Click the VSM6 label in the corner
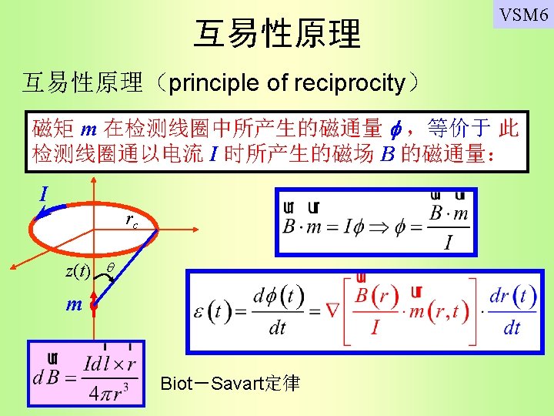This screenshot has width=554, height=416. (523, 15)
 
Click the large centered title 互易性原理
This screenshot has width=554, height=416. (277, 34)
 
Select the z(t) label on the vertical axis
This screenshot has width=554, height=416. (77, 270)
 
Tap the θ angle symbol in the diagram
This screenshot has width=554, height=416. (110, 266)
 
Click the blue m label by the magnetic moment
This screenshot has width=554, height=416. (73, 304)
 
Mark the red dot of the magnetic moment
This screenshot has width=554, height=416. (93, 307)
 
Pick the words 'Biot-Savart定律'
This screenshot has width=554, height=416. (230, 383)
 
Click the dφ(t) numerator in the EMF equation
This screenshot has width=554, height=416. (278, 297)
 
